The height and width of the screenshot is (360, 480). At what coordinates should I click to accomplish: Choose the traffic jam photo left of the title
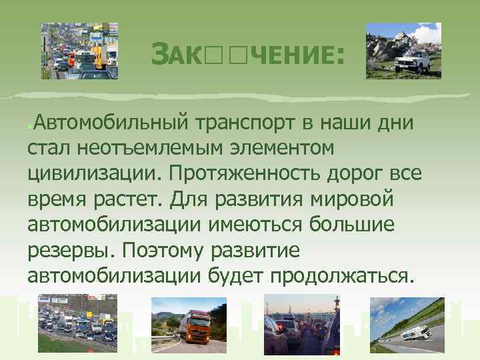79,51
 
